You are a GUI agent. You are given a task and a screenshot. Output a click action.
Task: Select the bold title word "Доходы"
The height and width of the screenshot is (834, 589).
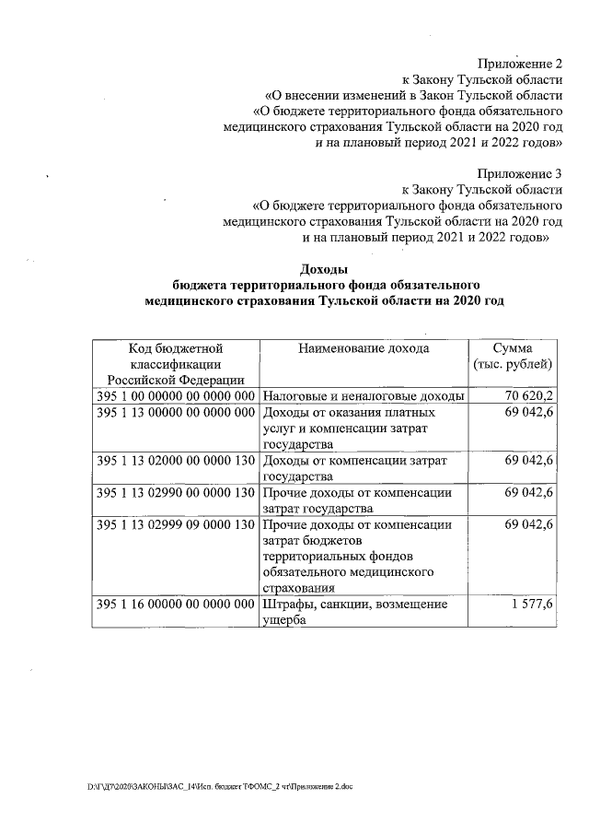pos(324,269)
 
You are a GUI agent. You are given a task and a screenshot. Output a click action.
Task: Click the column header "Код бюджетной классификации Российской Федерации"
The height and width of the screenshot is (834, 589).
pos(175,363)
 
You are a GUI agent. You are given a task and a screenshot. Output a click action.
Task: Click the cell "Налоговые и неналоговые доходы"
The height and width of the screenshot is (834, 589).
pos(363,396)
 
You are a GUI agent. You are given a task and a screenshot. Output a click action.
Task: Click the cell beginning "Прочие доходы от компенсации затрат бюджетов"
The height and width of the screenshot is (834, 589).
pos(357,556)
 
